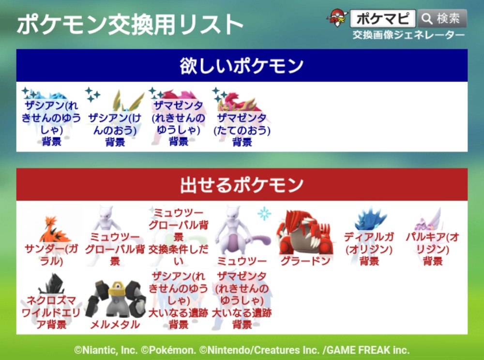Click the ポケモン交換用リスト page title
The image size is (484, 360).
click(x=130, y=25)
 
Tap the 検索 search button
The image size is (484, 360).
click(x=442, y=18)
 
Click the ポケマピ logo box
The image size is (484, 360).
click(x=383, y=18)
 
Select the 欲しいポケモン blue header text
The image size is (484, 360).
click(x=242, y=66)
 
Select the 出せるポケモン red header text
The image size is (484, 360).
click(x=242, y=185)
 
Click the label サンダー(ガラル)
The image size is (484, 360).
click(x=51, y=255)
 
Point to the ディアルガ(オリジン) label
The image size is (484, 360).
click(x=369, y=249)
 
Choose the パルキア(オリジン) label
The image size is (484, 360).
click(x=432, y=249)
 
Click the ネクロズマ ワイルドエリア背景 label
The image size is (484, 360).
click(x=51, y=312)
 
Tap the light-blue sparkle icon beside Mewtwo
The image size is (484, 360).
click(x=264, y=214)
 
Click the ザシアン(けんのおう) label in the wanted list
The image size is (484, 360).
click(x=115, y=129)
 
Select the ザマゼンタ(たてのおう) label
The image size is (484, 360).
click(x=242, y=129)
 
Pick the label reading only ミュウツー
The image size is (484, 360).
click(x=242, y=261)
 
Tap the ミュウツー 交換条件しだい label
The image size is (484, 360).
click(x=179, y=237)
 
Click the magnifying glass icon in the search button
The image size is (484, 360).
click(x=427, y=19)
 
